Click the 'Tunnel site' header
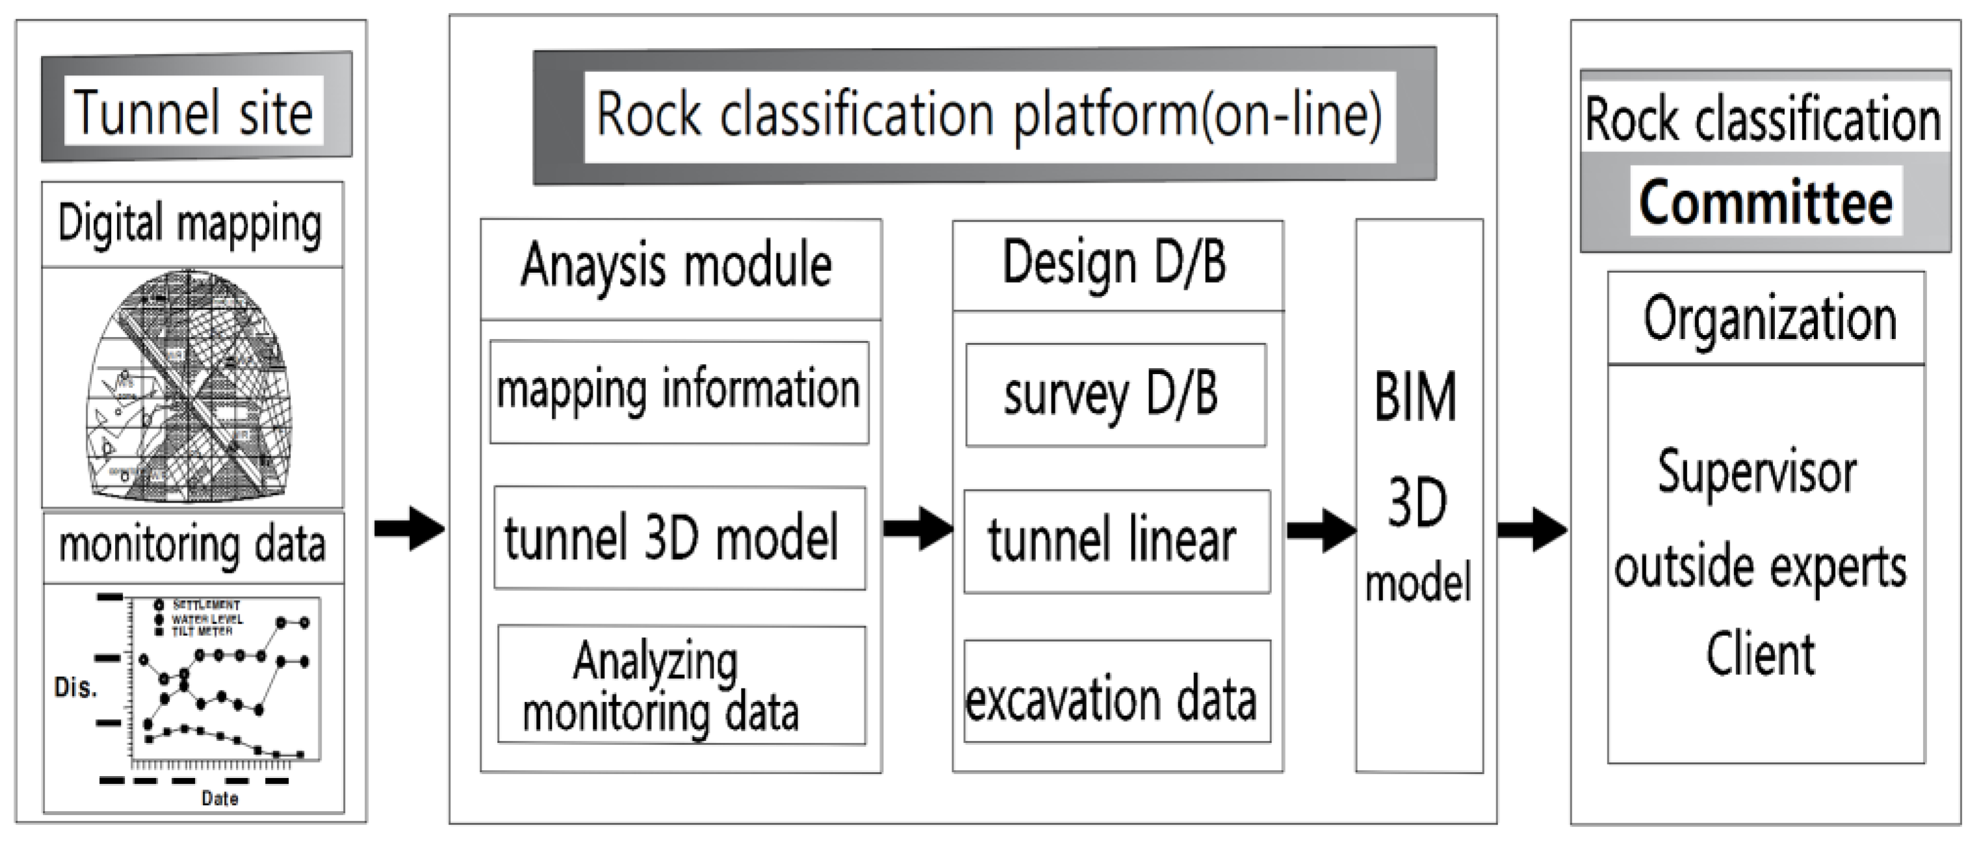194,112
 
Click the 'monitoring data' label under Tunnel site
192,545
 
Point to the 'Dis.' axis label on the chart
75,687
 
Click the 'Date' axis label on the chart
220,799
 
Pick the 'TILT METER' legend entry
201,631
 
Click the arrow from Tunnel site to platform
408,528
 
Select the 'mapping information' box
679,392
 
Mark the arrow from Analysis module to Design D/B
918,528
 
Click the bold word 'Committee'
1766,202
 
